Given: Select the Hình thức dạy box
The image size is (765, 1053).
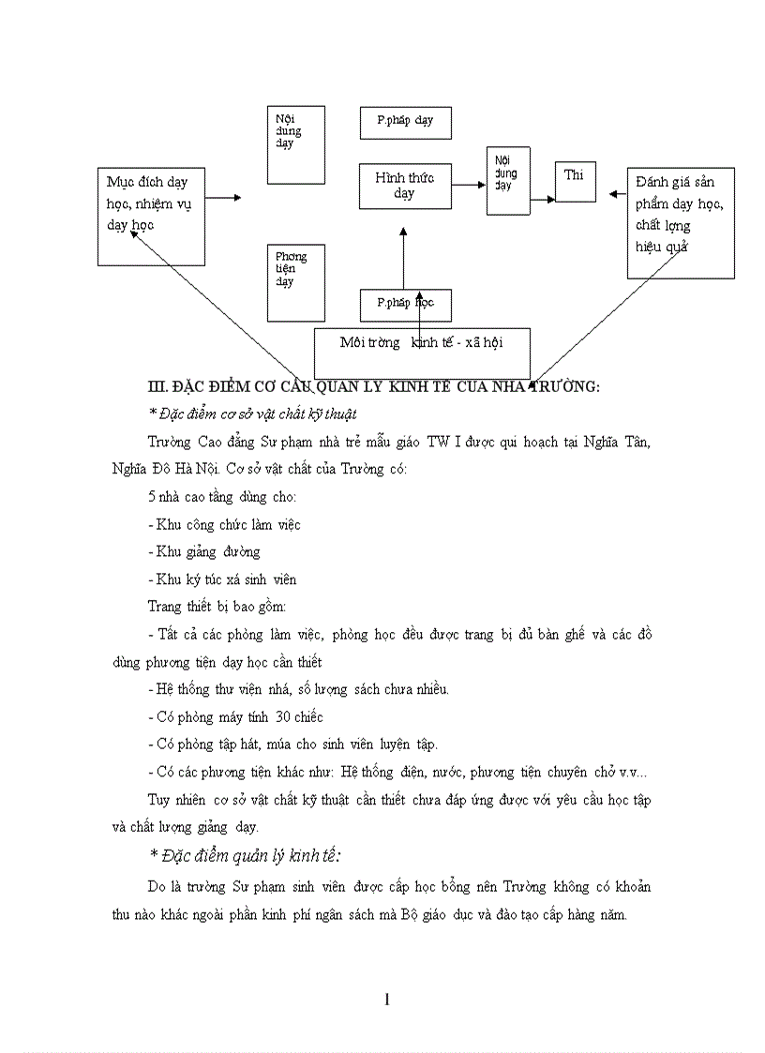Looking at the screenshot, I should click(x=405, y=186).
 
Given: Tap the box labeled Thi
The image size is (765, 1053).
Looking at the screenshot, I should click(x=575, y=181).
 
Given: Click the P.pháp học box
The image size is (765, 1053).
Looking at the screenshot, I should click(x=405, y=304).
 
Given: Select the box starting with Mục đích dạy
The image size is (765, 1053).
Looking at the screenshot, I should click(x=151, y=217).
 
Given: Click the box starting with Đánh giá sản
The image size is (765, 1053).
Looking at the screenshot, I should click(x=680, y=222).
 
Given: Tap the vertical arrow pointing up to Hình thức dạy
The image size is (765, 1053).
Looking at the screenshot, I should click(x=403, y=263).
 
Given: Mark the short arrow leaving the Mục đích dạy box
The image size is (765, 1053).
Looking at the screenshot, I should click(x=224, y=198).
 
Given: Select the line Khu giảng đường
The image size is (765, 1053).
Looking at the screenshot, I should click(x=204, y=551).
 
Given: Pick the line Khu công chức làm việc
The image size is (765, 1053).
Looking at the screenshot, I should click(x=224, y=524).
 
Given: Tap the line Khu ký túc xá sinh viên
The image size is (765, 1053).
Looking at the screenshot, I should click(x=222, y=579).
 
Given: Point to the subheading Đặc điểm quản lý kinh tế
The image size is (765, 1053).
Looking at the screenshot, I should click(x=246, y=854).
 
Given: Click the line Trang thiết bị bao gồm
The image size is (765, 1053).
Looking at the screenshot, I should click(x=211, y=606).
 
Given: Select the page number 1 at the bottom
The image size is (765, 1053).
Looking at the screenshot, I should click(x=386, y=1000).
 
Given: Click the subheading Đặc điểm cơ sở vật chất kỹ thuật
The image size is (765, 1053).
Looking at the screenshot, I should click(x=252, y=414).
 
